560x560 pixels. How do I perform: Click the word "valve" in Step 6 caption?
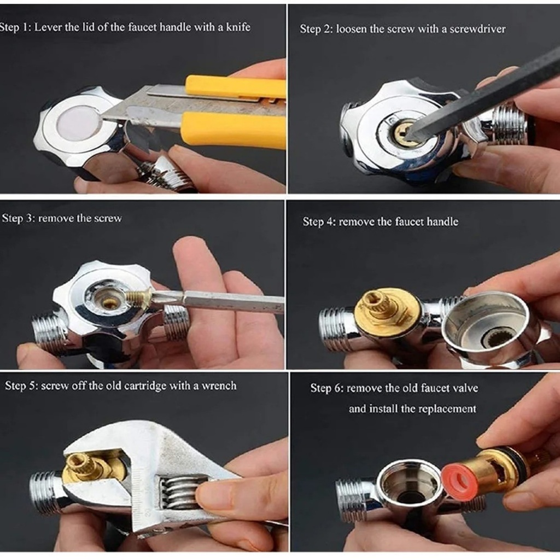click(464, 388)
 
